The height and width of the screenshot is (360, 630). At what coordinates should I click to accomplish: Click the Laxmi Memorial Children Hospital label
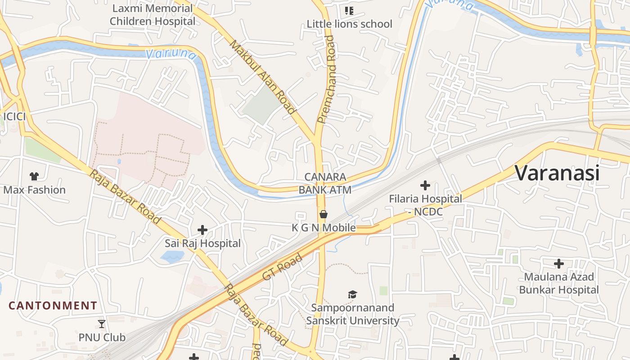[153, 15]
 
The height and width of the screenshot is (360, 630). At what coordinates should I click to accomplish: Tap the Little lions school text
[350, 24]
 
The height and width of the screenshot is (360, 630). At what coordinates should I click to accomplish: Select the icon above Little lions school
[349, 10]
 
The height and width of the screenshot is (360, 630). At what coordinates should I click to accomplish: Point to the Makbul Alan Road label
[263, 77]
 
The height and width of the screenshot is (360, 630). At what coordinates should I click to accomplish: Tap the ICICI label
[14, 117]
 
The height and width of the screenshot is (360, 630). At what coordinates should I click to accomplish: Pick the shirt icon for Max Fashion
[34, 176]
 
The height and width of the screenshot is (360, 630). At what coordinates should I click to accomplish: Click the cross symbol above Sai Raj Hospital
[202, 230]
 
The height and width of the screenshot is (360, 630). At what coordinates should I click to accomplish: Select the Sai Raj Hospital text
[202, 243]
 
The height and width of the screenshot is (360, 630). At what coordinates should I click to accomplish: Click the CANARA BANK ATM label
[325, 183]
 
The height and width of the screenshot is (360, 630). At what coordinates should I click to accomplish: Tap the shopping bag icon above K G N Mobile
[323, 214]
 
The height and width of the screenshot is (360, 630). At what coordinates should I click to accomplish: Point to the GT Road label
[282, 267]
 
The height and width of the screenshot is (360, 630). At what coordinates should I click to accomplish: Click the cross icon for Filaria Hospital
[425, 185]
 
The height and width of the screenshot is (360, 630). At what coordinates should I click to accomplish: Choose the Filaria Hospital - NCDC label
[426, 205]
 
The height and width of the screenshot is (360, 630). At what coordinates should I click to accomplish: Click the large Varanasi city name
[557, 173]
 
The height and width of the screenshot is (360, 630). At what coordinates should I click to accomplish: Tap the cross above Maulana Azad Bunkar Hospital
[559, 263]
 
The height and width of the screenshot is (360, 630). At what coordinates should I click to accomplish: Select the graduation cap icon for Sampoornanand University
[352, 295]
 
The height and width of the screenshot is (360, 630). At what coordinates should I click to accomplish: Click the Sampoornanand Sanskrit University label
[353, 314]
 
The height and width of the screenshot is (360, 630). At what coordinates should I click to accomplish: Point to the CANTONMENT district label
[53, 306]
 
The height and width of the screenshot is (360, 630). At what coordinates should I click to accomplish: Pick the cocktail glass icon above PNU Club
[102, 324]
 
